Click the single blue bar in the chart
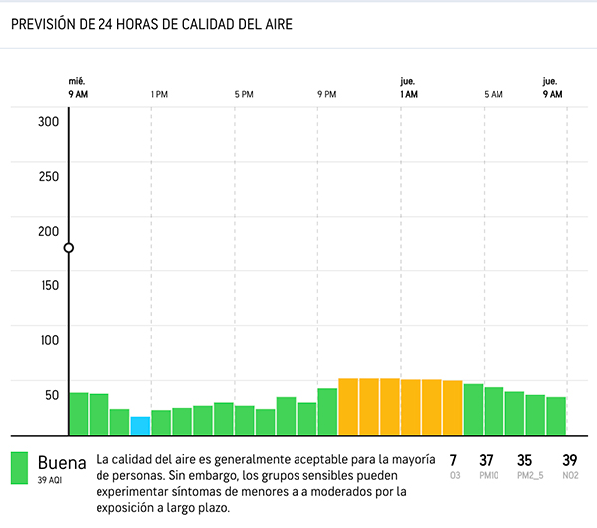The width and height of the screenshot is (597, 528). (x=140, y=426)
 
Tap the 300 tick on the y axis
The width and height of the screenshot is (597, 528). (x=49, y=122)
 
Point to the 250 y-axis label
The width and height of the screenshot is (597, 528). (x=49, y=176)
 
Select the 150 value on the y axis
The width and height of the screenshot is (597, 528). (x=49, y=285)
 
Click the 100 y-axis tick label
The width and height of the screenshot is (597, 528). (x=49, y=340)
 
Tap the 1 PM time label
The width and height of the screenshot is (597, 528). (x=159, y=94)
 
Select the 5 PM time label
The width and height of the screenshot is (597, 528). (x=243, y=94)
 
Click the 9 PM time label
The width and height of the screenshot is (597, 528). (x=326, y=94)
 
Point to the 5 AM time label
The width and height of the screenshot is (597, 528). (x=494, y=94)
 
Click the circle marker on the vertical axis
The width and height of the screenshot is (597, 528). (x=68, y=248)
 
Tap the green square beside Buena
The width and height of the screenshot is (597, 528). (x=19, y=469)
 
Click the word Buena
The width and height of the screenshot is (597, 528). (x=62, y=462)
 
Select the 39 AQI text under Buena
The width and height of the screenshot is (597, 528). (x=51, y=480)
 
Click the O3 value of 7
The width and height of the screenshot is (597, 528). (x=454, y=460)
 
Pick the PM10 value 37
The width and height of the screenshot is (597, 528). (x=487, y=460)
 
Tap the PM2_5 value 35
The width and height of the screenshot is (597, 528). (x=525, y=460)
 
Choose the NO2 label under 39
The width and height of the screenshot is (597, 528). (x=570, y=476)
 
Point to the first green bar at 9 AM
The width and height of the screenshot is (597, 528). (x=78, y=414)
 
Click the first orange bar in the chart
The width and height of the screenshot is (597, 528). (x=348, y=407)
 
